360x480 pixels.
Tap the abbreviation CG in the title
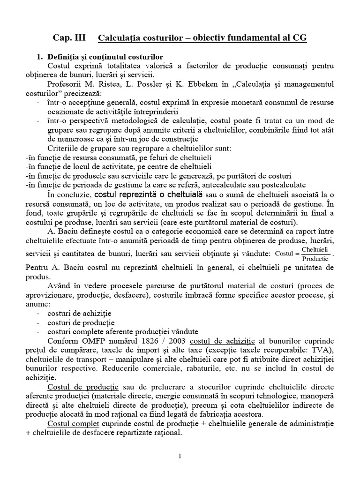pos(300,37)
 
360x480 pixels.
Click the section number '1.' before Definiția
pos(40,57)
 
